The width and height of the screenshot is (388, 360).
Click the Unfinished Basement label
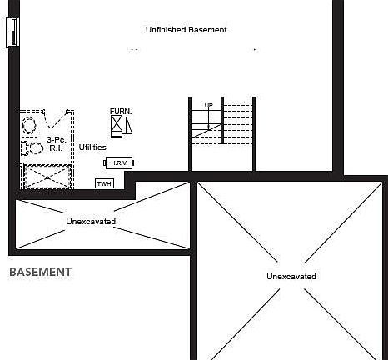[187, 30]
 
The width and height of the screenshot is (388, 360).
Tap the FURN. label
[121, 111]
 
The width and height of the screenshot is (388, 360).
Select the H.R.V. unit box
[119, 162]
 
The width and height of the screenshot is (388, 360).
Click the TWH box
[104, 183]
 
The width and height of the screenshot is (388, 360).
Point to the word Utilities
[92, 147]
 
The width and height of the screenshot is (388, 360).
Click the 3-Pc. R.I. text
[56, 144]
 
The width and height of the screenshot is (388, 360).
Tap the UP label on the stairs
[208, 106]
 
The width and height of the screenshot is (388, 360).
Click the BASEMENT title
[41, 272]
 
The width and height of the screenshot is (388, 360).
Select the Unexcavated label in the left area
[91, 222]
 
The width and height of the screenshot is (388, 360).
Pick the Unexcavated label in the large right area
[291, 277]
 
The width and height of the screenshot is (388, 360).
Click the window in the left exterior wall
[12, 32]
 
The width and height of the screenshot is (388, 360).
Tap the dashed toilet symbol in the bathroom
[32, 148]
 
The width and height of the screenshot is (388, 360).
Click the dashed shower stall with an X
[47, 177]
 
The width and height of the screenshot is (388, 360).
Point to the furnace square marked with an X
[117, 123]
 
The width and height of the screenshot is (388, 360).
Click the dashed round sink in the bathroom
[29, 125]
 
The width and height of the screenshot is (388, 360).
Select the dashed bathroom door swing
[56, 119]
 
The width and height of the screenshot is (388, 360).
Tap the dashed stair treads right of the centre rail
[238, 124]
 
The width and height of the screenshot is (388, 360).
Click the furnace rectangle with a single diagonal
[129, 125]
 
